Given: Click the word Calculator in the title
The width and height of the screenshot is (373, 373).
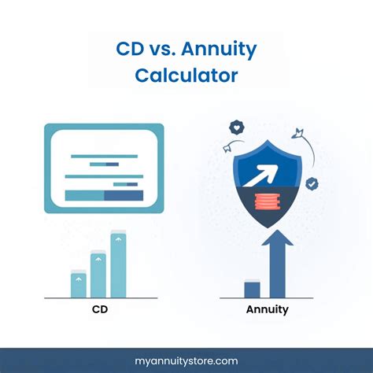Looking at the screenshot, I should click(186, 77).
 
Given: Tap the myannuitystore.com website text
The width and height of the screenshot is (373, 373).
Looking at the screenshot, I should click(186, 360).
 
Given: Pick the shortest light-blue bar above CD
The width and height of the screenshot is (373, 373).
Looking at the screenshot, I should click(78, 284).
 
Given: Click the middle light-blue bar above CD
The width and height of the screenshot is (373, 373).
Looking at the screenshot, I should click(98, 275).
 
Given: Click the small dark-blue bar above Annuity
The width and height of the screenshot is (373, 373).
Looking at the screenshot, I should click(252, 289).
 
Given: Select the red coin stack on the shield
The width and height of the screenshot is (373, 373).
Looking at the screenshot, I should click(268, 202).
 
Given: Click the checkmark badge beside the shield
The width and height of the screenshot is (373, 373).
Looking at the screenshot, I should click(312, 183).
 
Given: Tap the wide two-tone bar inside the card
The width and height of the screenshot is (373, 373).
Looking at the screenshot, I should click(104, 195).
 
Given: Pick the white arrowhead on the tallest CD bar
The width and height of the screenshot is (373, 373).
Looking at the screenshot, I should click(118, 236).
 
